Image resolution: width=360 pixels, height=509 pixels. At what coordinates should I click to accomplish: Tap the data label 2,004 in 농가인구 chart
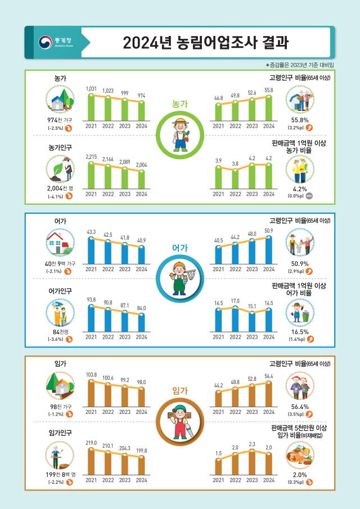[x=142, y=165]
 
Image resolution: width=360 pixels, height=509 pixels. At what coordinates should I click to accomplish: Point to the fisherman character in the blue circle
[x=179, y=277]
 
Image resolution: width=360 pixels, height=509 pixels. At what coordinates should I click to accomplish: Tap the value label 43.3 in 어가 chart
[x=91, y=232]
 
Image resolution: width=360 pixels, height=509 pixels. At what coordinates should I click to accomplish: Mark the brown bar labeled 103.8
[x=91, y=393]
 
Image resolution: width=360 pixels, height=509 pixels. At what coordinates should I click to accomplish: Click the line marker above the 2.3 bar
[x=252, y=451]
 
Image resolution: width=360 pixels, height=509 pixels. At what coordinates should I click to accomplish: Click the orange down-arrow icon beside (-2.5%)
[x=69, y=128]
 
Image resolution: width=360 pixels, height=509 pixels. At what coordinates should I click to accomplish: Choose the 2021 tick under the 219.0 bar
[x=91, y=480]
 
